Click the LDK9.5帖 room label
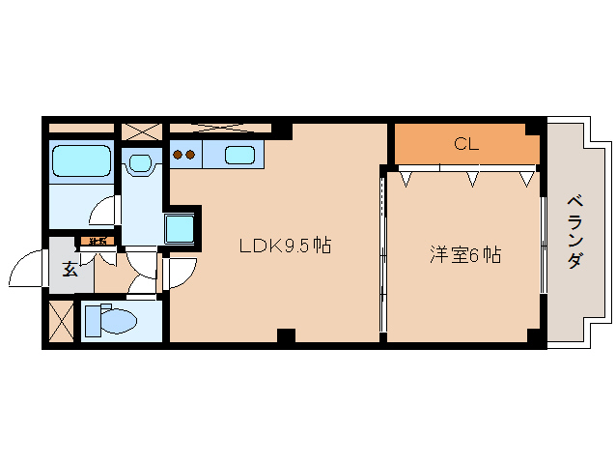coord(285,246)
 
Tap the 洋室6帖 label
coord(465,255)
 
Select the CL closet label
coord(466,144)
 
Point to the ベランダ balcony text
coord(575,232)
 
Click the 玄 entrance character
coord(70,270)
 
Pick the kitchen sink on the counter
coord(238,154)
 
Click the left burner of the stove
coord(178,154)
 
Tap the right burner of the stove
coord(191,154)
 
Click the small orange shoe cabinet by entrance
coord(98,241)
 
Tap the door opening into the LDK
coord(181,273)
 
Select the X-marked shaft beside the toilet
coord(60,321)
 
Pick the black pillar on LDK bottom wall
coord(285,336)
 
